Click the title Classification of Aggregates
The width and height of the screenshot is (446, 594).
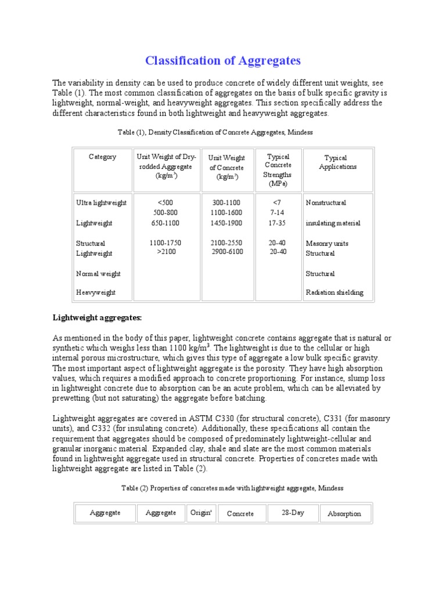click(x=222, y=61)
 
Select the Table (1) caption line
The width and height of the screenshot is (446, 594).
click(x=215, y=132)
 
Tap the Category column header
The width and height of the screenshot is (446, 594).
click(x=102, y=157)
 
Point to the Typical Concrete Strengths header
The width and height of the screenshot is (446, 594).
click(x=278, y=170)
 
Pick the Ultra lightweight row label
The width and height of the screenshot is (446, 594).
click(x=102, y=203)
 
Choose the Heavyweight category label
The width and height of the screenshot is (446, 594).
click(x=96, y=292)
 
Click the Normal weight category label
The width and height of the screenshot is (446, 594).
click(x=98, y=273)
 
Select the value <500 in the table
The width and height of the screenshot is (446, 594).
click(x=166, y=203)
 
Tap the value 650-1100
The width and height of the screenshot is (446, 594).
click(x=166, y=223)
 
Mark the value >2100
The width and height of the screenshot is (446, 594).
click(x=166, y=252)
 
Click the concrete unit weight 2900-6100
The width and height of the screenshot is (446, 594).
click(x=227, y=252)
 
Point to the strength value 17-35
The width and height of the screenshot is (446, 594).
click(x=278, y=223)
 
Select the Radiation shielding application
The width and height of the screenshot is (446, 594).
click(x=334, y=292)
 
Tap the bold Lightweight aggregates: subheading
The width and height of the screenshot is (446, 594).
click(x=98, y=317)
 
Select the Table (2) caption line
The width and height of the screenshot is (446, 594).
click(x=232, y=488)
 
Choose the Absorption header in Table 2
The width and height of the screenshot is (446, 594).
click(x=344, y=513)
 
